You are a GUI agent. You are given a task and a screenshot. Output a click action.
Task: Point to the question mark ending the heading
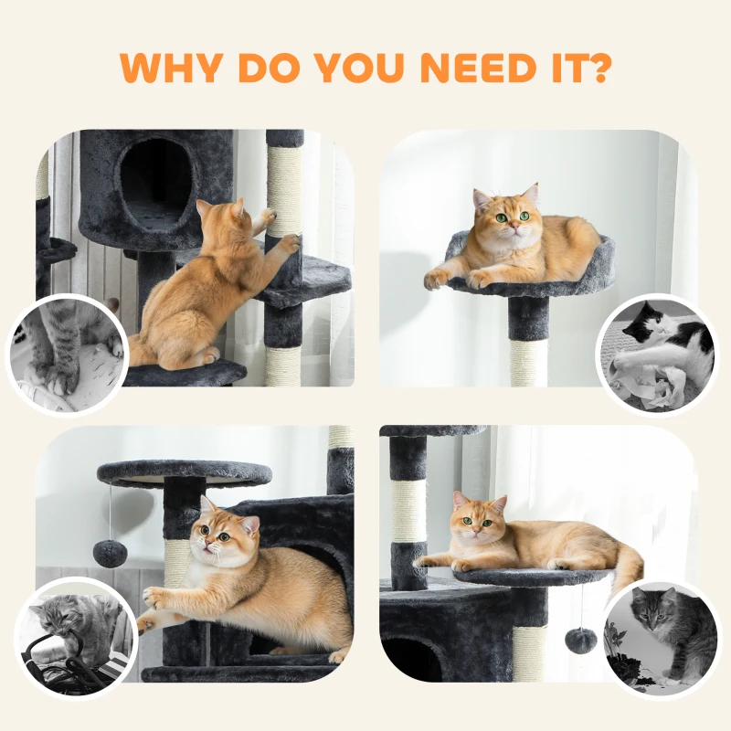597,67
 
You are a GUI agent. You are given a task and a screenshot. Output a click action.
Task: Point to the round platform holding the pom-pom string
184,473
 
